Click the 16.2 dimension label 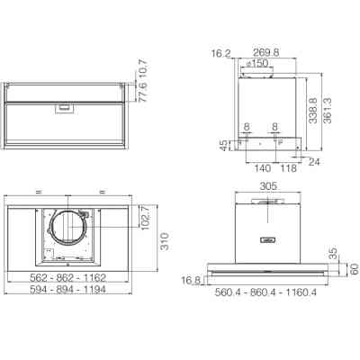[x=221, y=54]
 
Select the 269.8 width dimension [x=266, y=52]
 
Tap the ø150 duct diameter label [x=256, y=63]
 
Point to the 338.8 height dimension [x=313, y=110]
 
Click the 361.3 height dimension [x=328, y=110]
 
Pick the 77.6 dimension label [x=143, y=92]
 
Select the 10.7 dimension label [x=143, y=69]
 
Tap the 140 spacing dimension [x=263, y=168]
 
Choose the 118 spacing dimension [x=288, y=168]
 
